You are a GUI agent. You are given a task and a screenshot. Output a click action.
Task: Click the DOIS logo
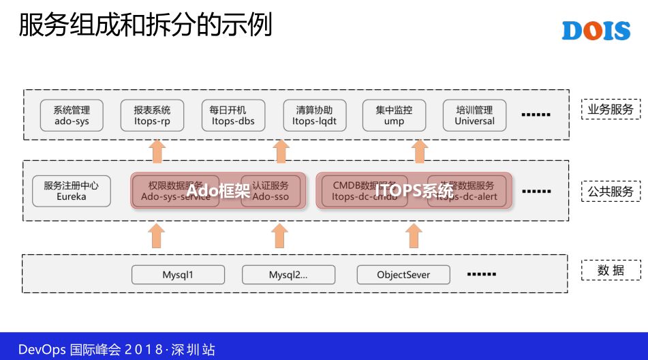coord(596,31)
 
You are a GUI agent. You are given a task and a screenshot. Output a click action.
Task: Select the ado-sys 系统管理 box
coord(72,115)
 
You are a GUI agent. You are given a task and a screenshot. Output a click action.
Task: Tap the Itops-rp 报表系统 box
coord(152,115)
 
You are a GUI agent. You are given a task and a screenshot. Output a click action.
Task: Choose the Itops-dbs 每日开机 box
coord(233,115)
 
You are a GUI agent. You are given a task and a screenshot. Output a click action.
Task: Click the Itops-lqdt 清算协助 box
coord(314,115)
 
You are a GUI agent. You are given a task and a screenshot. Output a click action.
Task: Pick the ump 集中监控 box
coord(394,115)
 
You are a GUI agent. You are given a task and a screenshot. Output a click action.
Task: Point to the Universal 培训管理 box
coord(474,115)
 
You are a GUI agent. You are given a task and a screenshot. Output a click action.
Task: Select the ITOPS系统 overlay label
coord(414,191)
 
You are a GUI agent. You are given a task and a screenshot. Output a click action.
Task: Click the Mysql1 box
coord(178,275)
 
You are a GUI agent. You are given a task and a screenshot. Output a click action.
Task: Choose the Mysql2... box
coord(288,275)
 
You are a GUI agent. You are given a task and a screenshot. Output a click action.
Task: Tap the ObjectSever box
coord(403,275)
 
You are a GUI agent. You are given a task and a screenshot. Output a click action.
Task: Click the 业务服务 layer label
coord(611,109)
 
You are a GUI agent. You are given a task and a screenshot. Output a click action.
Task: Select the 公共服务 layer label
coord(611,192)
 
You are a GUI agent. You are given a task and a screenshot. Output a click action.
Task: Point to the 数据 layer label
coord(611,271)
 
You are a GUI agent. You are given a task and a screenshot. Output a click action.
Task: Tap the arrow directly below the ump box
coord(420,151)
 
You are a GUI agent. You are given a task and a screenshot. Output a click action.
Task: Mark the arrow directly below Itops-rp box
coord(157,151)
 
